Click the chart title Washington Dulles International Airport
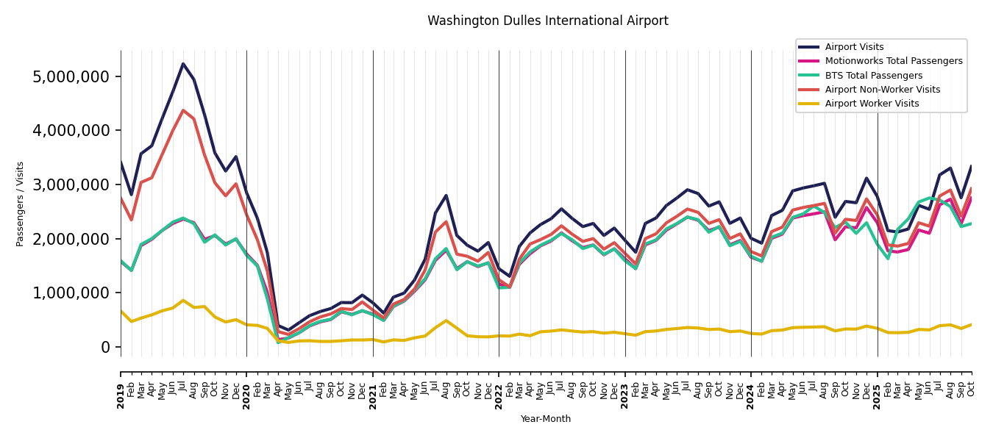click(547, 21)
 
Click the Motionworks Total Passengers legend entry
click(893, 61)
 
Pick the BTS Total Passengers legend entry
click(873, 76)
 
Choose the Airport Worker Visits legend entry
click(872, 104)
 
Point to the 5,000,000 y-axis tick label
click(71, 76)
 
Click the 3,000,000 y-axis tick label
click(71, 184)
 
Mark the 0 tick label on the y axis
click(105, 347)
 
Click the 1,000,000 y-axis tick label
click(71, 293)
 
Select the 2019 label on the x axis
click(121, 385)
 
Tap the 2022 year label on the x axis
click(499, 385)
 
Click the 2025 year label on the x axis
click(877, 385)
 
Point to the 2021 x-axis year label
click(373, 385)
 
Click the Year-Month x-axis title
click(545, 419)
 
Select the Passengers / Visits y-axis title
click(21, 204)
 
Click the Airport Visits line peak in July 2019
click(183, 64)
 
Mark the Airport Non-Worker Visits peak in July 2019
click(183, 110)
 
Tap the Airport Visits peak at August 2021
click(446, 196)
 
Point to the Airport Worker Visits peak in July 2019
click(183, 300)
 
